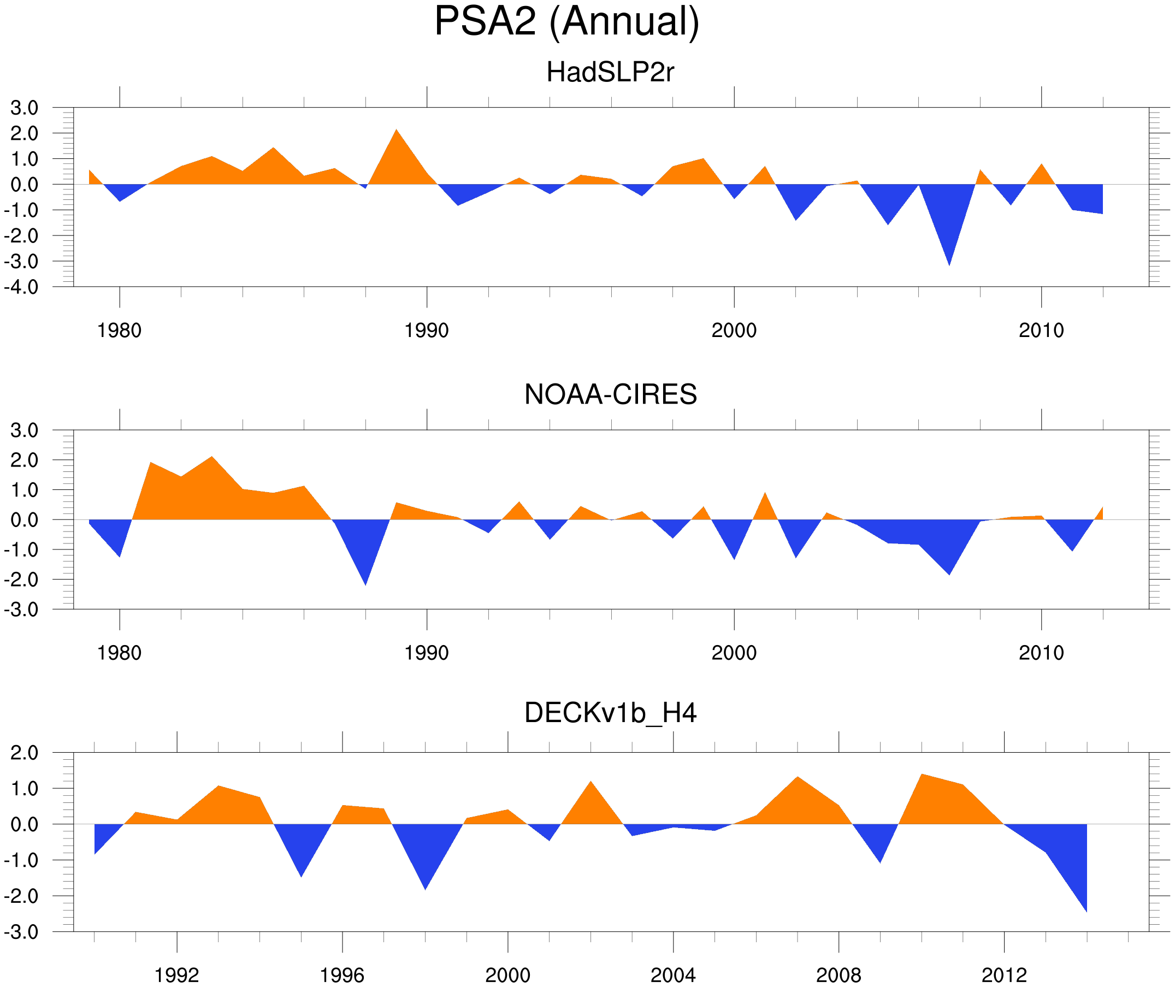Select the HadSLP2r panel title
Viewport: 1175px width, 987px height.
[x=610, y=73]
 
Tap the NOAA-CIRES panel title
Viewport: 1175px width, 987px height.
[x=610, y=394]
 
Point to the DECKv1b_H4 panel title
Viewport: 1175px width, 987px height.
[x=610, y=713]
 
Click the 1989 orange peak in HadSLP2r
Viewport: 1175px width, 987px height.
[x=397, y=134]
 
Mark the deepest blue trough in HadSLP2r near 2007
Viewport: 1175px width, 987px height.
[x=949, y=259]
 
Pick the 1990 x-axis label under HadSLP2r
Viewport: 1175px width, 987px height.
[x=427, y=330]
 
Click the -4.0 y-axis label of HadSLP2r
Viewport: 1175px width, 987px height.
[x=21, y=288]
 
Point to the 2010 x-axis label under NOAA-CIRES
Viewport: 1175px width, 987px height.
[x=1041, y=653]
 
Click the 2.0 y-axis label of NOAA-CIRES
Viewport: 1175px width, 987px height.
[x=24, y=460]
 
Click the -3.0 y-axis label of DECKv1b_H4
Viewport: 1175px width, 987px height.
[x=21, y=932]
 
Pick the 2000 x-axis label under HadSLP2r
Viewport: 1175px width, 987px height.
[x=734, y=330]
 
